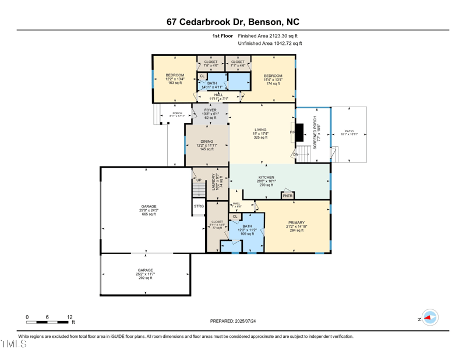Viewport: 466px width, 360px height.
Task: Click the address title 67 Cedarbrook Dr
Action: click(233, 22)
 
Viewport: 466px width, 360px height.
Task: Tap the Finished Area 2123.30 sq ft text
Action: click(270, 36)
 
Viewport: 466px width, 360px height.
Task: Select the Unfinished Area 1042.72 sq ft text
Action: click(270, 44)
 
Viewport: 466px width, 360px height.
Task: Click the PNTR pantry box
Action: click(288, 196)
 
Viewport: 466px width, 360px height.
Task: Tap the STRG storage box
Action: click(199, 206)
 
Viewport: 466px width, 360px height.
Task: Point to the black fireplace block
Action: click(300, 133)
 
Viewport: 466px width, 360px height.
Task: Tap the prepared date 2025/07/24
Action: click(232, 321)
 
